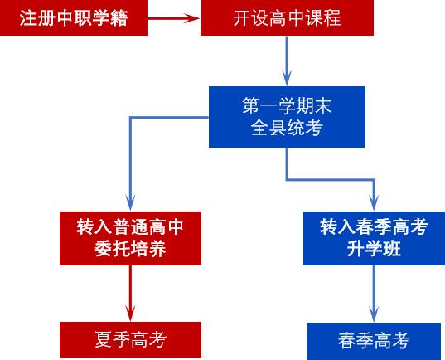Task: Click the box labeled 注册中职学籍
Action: (74, 18)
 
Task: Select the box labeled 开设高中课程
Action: (287, 18)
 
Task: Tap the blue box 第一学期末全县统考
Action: (287, 117)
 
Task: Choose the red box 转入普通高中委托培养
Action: (130, 238)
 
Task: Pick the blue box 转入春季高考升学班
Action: (374, 238)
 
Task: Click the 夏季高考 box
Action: (130, 340)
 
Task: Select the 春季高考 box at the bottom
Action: (374, 341)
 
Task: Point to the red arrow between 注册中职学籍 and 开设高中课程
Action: (174, 18)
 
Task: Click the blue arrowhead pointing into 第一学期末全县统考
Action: (287, 78)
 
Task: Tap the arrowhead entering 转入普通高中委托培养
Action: (130, 203)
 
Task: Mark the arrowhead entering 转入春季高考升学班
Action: (374, 203)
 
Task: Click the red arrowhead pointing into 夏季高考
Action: (130, 313)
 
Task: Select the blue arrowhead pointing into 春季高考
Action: (374, 314)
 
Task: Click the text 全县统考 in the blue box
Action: (287, 127)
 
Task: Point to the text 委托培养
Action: (130, 249)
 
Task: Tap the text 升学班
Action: (374, 249)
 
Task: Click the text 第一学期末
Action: (287, 105)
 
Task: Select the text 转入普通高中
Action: (130, 227)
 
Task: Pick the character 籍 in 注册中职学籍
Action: (119, 18)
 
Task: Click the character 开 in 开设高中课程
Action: (242, 18)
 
